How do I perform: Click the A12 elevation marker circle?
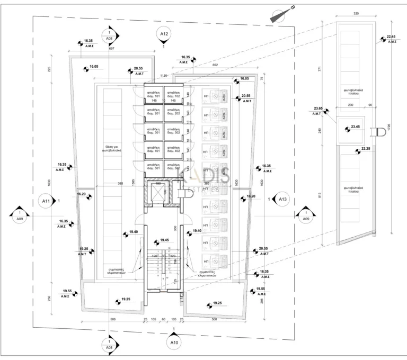point(164,34)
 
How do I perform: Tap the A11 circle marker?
point(46,201)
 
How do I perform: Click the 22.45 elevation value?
point(392,37)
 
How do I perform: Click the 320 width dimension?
point(356,14)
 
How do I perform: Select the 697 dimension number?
point(111,48)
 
